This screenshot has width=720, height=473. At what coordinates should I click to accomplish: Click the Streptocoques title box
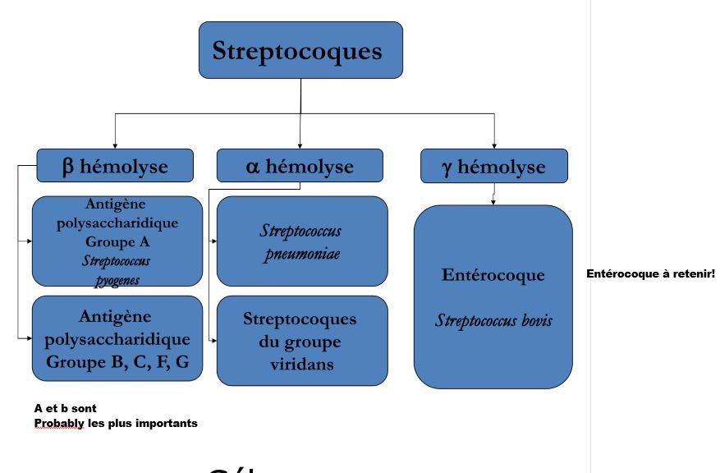(x=300, y=50)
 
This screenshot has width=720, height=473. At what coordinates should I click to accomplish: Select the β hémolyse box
(x=115, y=166)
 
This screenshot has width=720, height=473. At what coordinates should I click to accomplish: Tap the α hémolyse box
(x=300, y=166)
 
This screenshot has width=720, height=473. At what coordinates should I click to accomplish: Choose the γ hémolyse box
(x=493, y=166)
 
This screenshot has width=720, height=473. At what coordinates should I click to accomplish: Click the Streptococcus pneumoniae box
(x=302, y=241)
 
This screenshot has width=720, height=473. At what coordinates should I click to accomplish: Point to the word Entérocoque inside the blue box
(x=493, y=274)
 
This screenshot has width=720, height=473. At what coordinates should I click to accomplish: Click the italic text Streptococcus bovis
(x=493, y=320)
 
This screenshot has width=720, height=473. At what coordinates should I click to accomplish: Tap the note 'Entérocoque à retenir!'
(x=650, y=273)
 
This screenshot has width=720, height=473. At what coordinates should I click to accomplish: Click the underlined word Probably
(x=58, y=423)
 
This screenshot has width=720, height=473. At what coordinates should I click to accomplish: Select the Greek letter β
(x=68, y=166)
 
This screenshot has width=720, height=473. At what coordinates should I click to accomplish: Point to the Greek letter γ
(x=447, y=167)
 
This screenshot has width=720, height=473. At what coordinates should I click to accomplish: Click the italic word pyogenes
(x=117, y=280)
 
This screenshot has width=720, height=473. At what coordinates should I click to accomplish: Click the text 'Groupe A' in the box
(x=117, y=242)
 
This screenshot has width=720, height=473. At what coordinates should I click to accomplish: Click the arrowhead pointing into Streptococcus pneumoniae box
(x=214, y=241)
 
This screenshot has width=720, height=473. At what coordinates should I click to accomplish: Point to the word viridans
(x=302, y=364)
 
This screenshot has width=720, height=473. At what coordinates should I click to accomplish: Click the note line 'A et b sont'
(x=65, y=408)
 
